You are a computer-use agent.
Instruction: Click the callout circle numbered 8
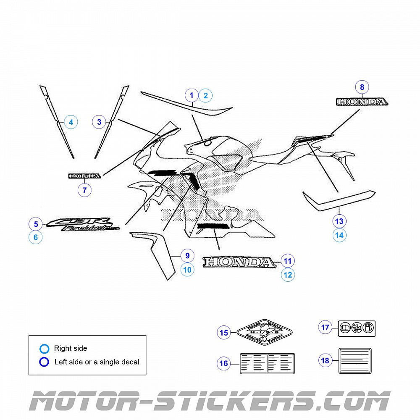pyautogui.click(x=362, y=87)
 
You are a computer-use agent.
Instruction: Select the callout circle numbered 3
pyautogui.click(x=99, y=122)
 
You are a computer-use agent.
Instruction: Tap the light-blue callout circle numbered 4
pyautogui.click(x=71, y=122)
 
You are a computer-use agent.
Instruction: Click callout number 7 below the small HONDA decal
pyautogui.click(x=84, y=190)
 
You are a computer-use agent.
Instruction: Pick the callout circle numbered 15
pyautogui.click(x=224, y=333)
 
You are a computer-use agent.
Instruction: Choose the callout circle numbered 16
pyautogui.click(x=224, y=363)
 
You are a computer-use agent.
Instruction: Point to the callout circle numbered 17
pyautogui.click(x=325, y=327)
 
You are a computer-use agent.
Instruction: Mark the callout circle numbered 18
pyautogui.click(x=325, y=360)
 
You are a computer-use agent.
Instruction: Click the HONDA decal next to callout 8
pyautogui.click(x=362, y=102)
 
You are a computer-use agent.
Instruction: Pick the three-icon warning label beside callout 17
pyautogui.click(x=357, y=328)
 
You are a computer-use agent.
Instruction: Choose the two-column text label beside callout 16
pyautogui.click(x=267, y=363)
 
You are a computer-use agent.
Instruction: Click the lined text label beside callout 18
pyautogui.click(x=355, y=360)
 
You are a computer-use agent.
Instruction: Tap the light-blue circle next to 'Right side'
pyautogui.click(x=44, y=348)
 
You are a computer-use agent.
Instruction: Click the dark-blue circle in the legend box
pyautogui.click(x=44, y=362)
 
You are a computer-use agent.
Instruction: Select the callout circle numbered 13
pyautogui.click(x=339, y=221)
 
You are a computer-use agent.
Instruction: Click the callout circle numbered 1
pyautogui.click(x=192, y=95)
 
